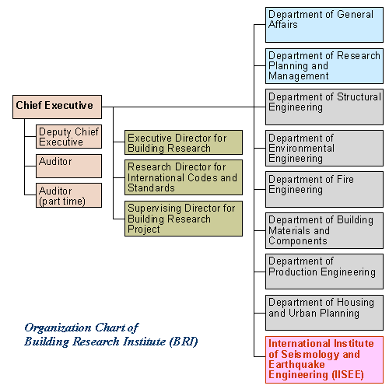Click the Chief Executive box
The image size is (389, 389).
point(57,107)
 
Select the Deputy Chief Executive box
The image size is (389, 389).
point(68,137)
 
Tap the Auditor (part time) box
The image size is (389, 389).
point(68,195)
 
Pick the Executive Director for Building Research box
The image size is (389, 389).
point(184,142)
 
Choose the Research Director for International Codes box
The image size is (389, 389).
point(184,177)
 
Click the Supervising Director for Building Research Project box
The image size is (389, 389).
point(184,219)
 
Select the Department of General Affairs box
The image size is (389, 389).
point(324,25)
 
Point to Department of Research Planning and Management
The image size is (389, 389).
point(324,66)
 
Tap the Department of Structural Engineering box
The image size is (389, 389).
point(324,107)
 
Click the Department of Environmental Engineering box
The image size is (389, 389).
point(324,148)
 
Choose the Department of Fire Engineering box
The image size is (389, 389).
point(324,189)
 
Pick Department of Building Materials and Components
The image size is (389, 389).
point(324,230)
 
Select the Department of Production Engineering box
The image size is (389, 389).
point(324,272)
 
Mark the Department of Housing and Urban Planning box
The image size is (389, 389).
point(324,313)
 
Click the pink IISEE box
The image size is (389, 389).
point(324,359)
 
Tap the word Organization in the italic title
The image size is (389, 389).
point(58,328)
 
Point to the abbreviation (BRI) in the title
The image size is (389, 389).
point(184,342)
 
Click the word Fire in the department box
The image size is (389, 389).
point(345,179)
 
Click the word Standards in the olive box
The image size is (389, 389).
point(151,187)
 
